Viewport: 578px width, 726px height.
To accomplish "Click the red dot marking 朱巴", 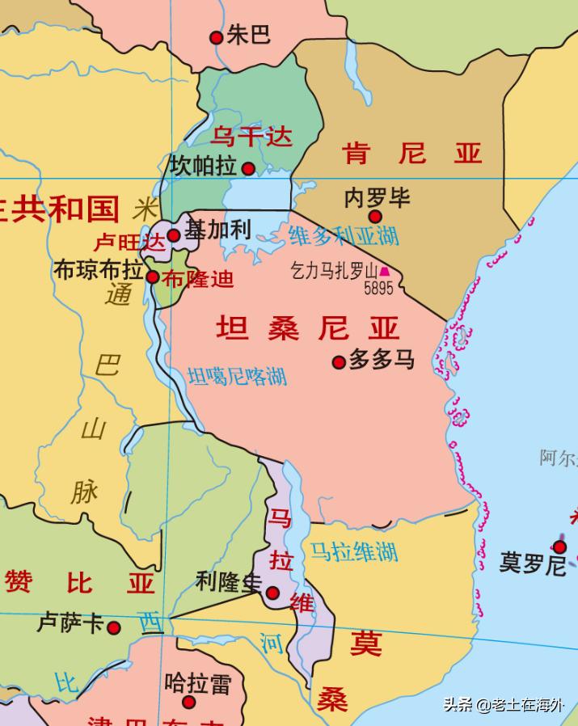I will [x=216, y=37].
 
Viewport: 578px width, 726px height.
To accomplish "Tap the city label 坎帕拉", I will [x=204, y=166].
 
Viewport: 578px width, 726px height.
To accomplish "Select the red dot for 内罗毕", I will [x=375, y=216].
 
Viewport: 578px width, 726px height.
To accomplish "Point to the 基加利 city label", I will [x=217, y=230].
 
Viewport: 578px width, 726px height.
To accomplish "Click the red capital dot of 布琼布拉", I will [x=153, y=277].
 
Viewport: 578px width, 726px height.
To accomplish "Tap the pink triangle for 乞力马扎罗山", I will [x=385, y=272].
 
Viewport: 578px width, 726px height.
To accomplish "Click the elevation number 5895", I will [x=378, y=288].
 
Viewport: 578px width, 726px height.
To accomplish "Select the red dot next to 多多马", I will [x=340, y=362].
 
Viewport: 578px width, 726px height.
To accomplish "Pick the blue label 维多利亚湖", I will [x=344, y=236].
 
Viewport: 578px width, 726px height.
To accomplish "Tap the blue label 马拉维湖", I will [x=354, y=552].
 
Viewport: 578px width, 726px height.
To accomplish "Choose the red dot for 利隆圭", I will [x=273, y=593].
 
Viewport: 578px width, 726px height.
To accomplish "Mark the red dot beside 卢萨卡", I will [x=114, y=627].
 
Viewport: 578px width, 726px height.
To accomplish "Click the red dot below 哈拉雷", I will [x=188, y=702].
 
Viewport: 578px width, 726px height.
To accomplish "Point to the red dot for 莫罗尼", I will [x=559, y=547].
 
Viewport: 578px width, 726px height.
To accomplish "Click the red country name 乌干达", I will [x=251, y=137].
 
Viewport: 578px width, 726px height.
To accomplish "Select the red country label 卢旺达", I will [x=129, y=242].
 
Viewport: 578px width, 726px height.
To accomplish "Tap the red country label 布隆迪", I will [x=198, y=280].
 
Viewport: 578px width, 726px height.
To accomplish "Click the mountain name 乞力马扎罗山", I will [x=334, y=271].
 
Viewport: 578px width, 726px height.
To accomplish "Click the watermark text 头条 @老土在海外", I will [x=503, y=705].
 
